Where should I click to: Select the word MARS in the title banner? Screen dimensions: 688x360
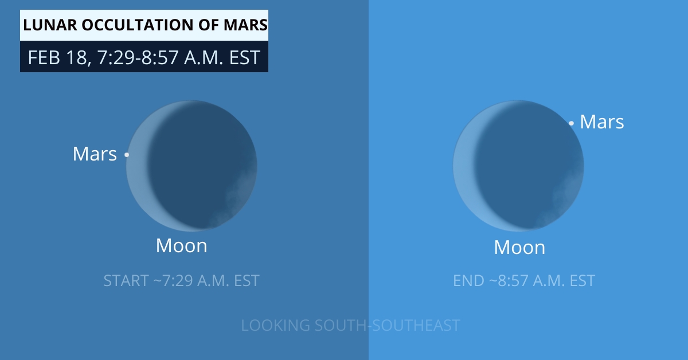[x=245, y=25]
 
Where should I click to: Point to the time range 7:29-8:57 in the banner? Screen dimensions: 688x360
[x=138, y=57]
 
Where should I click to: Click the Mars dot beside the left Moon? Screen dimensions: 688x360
[x=127, y=155]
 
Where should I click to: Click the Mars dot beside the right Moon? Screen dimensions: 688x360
[x=571, y=123]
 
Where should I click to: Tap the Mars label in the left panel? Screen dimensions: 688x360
[x=95, y=154]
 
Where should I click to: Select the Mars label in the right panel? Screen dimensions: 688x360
[x=601, y=122]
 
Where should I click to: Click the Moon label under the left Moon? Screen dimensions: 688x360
[x=182, y=246]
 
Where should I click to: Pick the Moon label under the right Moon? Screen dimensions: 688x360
[x=519, y=247]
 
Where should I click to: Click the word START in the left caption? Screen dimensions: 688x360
[x=126, y=281]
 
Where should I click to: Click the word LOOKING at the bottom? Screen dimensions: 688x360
[x=275, y=325]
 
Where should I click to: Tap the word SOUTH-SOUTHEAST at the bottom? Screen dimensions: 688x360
[x=388, y=325]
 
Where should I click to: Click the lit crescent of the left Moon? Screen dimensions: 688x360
[x=137, y=172]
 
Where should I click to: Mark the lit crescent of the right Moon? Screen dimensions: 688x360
[x=464, y=172]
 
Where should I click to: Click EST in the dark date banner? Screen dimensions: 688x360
[x=245, y=57]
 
